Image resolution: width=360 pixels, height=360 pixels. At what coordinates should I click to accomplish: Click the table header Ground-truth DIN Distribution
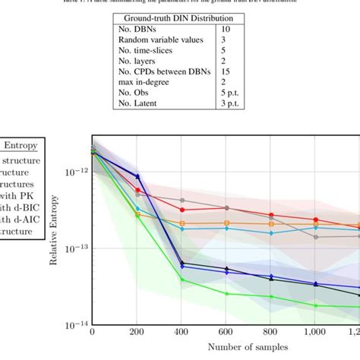click(179, 18)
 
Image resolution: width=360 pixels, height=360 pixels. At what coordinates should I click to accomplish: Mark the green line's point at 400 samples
click(182, 279)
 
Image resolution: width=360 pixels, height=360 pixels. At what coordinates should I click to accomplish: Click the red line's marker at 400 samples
click(182, 209)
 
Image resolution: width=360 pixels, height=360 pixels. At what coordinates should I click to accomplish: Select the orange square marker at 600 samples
click(226, 223)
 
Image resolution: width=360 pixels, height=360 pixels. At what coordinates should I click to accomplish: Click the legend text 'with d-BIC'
click(21, 206)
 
